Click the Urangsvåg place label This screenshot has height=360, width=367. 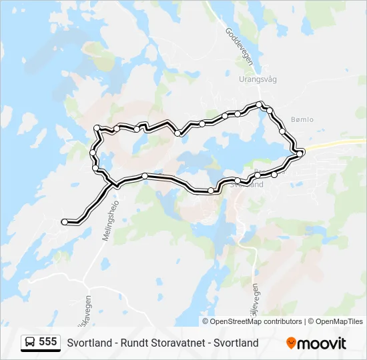tap(258, 79)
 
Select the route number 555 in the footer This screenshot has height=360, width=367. tap(47, 342)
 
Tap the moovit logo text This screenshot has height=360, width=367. tap(322, 343)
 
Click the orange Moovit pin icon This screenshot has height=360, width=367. tap(291, 343)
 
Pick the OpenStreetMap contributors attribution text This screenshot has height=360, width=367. tap(257, 321)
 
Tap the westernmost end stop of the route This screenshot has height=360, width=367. tap(64, 221)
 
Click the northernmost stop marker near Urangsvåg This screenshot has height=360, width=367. tap(260, 105)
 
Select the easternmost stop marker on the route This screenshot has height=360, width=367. tap(300, 153)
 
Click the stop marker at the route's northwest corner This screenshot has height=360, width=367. tap(97, 127)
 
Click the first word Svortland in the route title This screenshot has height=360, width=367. tap(89, 343)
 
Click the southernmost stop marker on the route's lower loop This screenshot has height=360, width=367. tap(211, 191)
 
